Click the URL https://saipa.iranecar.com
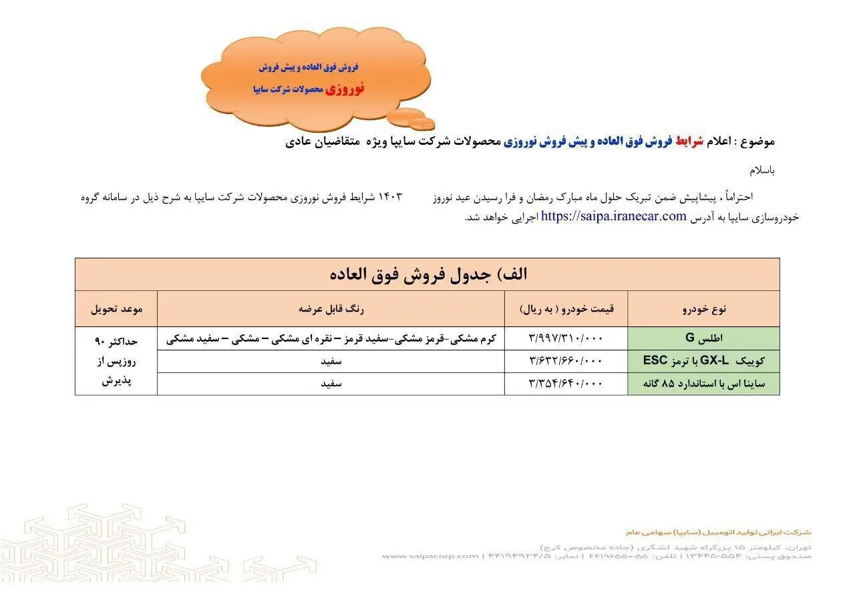[x=614, y=216]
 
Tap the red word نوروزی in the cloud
[x=345, y=89]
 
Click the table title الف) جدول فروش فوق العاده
[x=427, y=274]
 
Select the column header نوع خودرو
[x=703, y=309]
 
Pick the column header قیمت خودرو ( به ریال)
[x=566, y=309]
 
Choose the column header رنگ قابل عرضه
[x=331, y=309]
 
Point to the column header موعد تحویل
[x=116, y=309]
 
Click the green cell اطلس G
[x=703, y=339]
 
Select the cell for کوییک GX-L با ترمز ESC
[x=703, y=361]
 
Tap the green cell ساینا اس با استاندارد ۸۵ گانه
[x=703, y=384]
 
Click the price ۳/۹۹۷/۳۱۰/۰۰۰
[x=566, y=339]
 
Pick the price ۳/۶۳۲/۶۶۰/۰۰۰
[x=566, y=361]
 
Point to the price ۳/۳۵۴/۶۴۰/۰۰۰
[x=566, y=384]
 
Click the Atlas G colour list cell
[x=331, y=339]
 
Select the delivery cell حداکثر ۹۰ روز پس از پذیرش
[x=116, y=361]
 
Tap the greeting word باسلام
[x=762, y=170]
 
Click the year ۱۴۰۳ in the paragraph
[x=391, y=198]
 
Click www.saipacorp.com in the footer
[x=430, y=556]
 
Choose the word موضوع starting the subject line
[x=759, y=141]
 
